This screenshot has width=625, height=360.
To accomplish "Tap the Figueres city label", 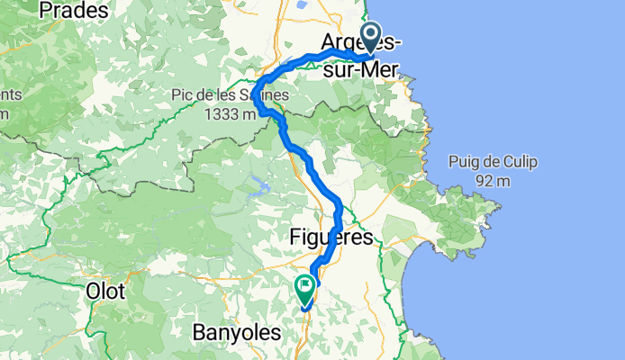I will pyautogui.click(x=331, y=238).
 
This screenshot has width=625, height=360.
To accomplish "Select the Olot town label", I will pyautogui.click(x=104, y=292).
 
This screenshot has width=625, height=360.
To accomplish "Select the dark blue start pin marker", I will pyautogui.click(x=370, y=38).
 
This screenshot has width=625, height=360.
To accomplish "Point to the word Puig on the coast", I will pyautogui.click(x=464, y=162).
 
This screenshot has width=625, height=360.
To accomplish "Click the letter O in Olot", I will pyautogui.click(x=91, y=292).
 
